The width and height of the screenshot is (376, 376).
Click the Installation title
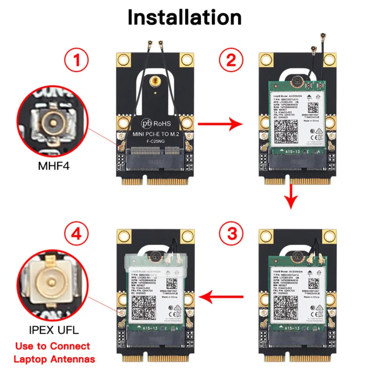pos(184,17)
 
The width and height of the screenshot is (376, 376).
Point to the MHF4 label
pos(53,165)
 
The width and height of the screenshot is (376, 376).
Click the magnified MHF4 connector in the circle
pos(52,124)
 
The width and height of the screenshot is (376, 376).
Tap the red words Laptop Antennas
pos(54,360)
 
